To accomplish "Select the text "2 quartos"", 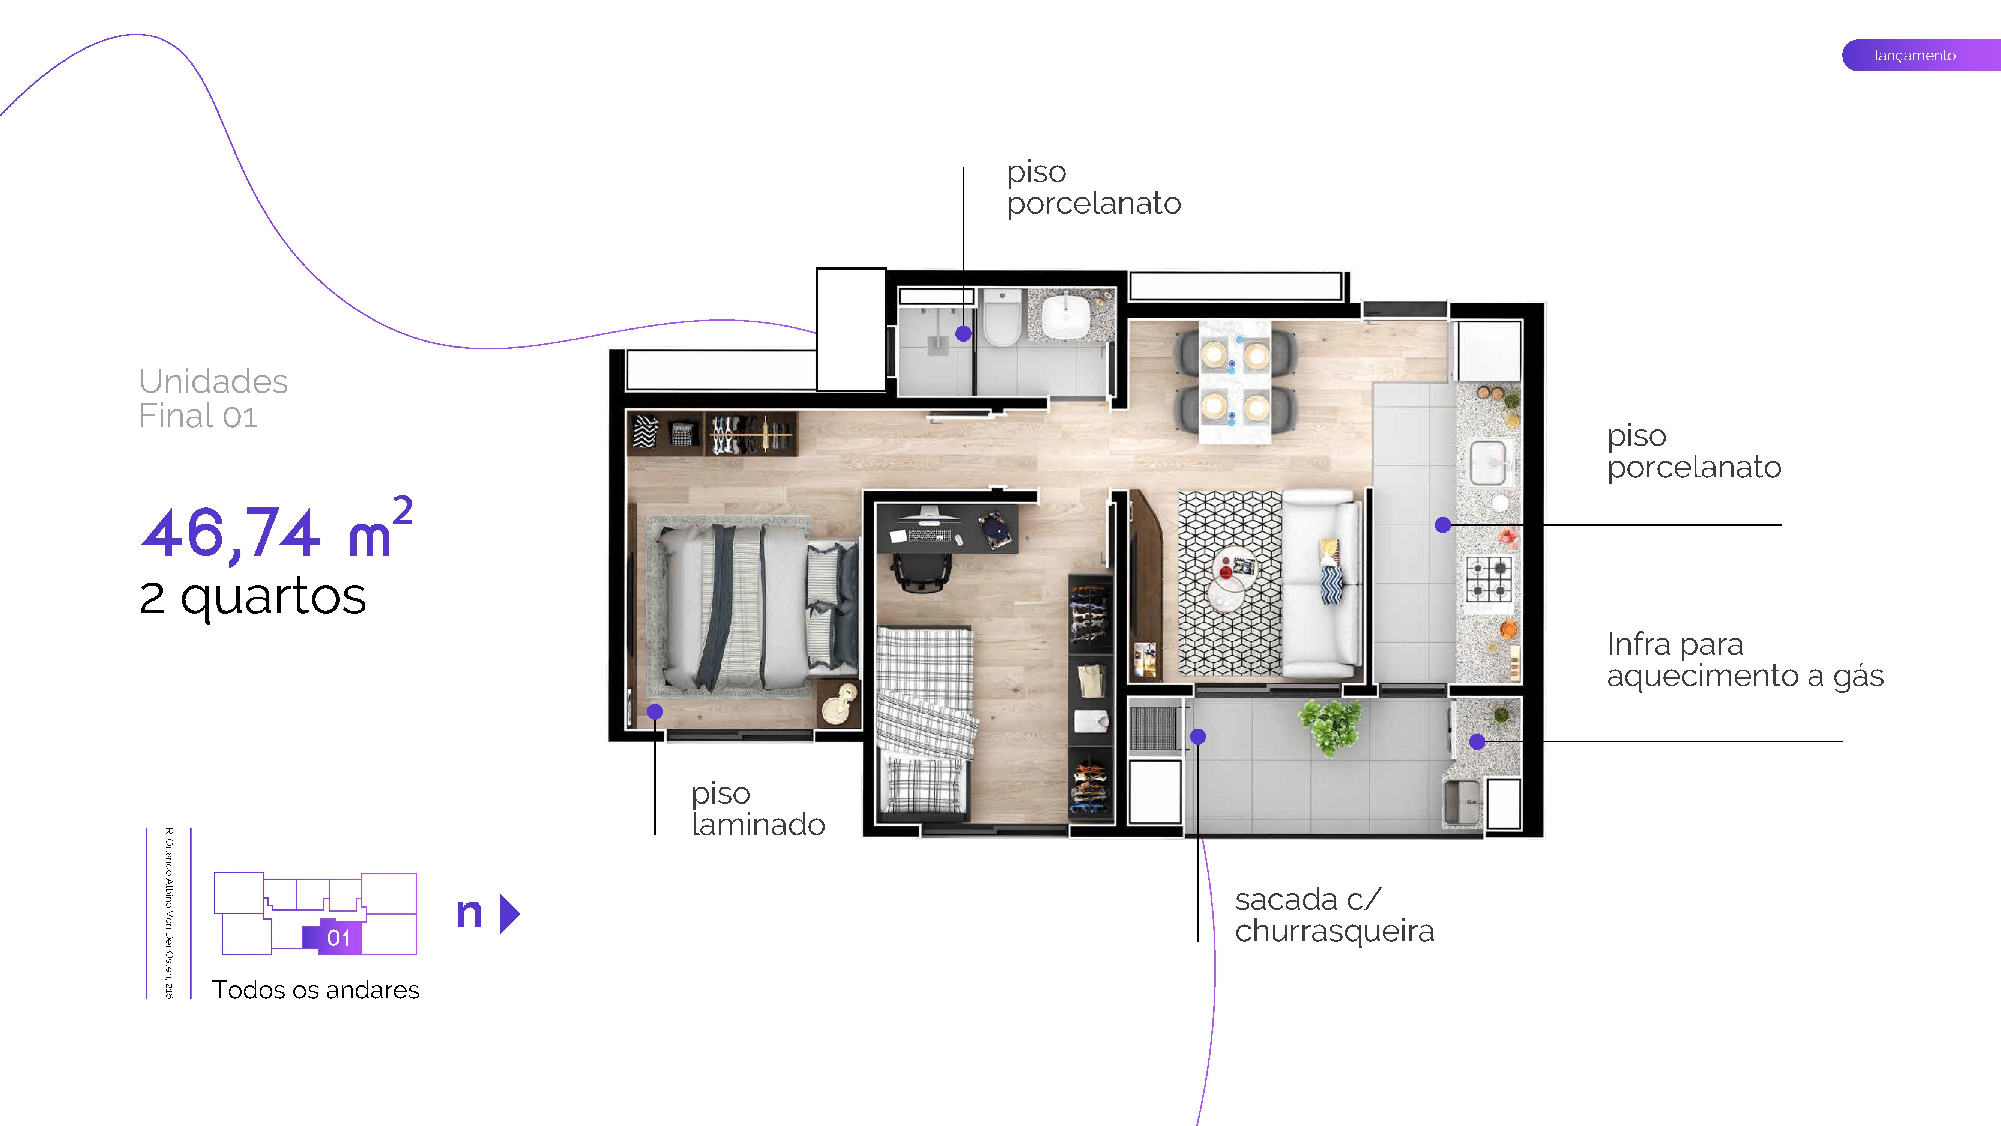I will coord(252,597).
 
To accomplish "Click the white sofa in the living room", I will coord(1320,583).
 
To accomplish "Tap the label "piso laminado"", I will coord(757,809).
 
